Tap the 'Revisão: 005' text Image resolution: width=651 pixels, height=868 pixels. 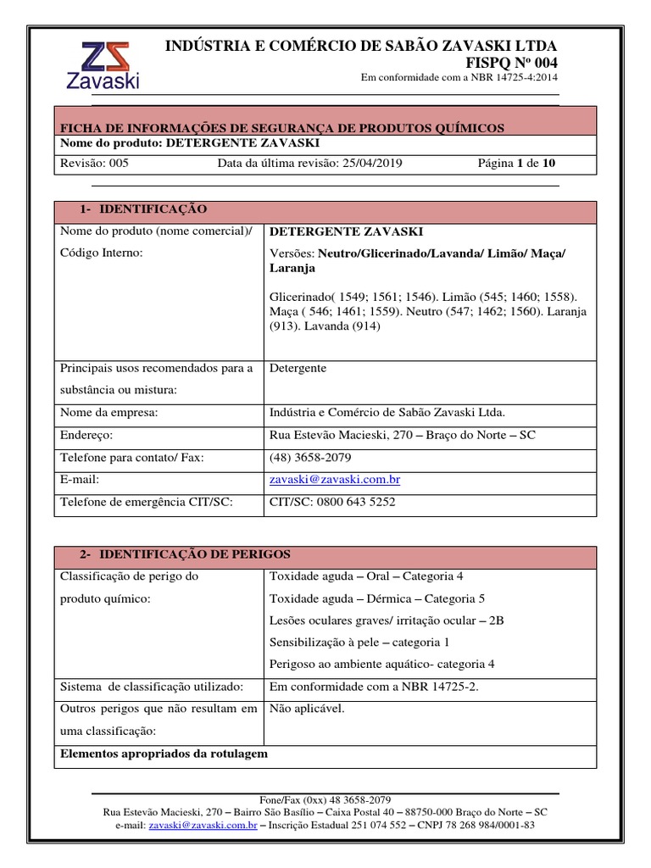(94, 163)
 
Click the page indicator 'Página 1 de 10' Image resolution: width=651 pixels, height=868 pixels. (517, 163)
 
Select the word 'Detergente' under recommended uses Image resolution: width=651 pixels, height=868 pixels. (298, 368)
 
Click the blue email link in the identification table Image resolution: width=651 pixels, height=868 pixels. (334, 480)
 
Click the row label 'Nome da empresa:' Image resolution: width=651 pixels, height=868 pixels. (108, 413)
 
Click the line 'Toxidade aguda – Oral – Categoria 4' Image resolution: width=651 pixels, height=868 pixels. (366, 576)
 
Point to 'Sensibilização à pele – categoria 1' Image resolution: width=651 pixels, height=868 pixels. (359, 643)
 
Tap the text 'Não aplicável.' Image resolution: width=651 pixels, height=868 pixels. (307, 709)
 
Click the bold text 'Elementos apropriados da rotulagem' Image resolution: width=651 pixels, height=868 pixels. (164, 754)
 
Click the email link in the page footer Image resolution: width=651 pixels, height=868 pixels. (203, 823)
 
